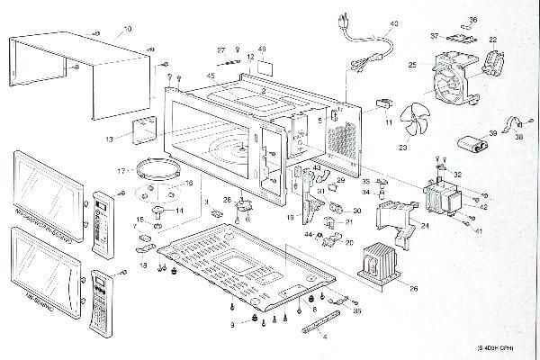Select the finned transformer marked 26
[380, 263]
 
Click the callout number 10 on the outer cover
[127, 30]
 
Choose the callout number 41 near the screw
[480, 231]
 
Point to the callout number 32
[457, 174]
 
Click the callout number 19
[290, 218]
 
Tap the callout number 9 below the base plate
[232, 323]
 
